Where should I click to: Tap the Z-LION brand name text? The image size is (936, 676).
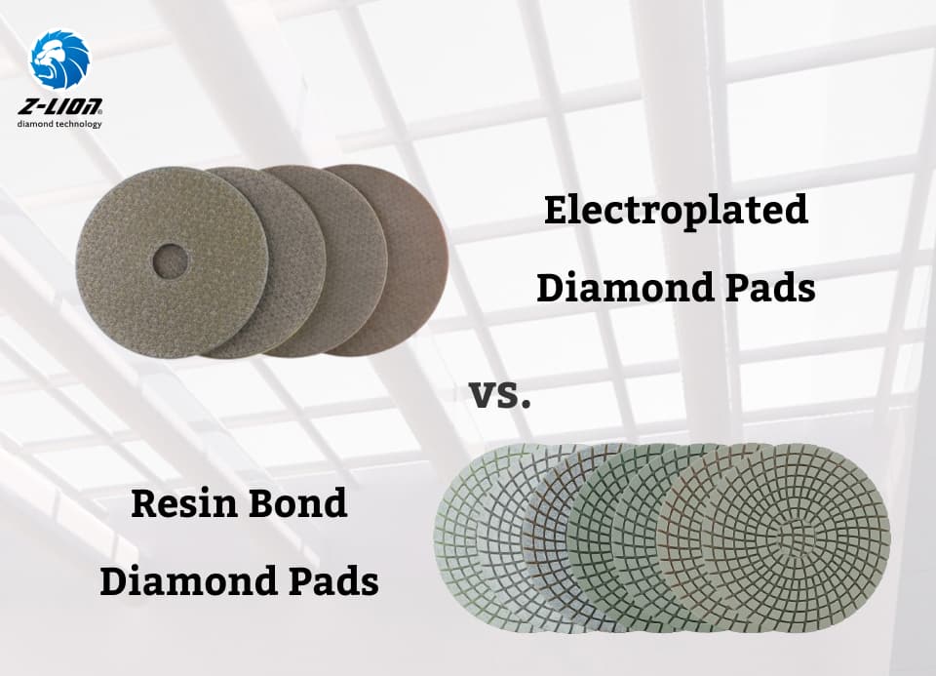click(59, 106)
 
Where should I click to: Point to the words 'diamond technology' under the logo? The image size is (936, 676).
click(59, 124)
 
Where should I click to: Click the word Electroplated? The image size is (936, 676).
click(676, 210)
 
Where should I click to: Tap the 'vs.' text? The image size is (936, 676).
click(499, 395)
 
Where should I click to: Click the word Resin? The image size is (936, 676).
click(182, 502)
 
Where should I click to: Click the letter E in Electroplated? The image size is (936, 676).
click(558, 210)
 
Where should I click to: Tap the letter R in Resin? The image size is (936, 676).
click(146, 503)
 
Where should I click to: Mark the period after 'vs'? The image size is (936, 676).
click(526, 405)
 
